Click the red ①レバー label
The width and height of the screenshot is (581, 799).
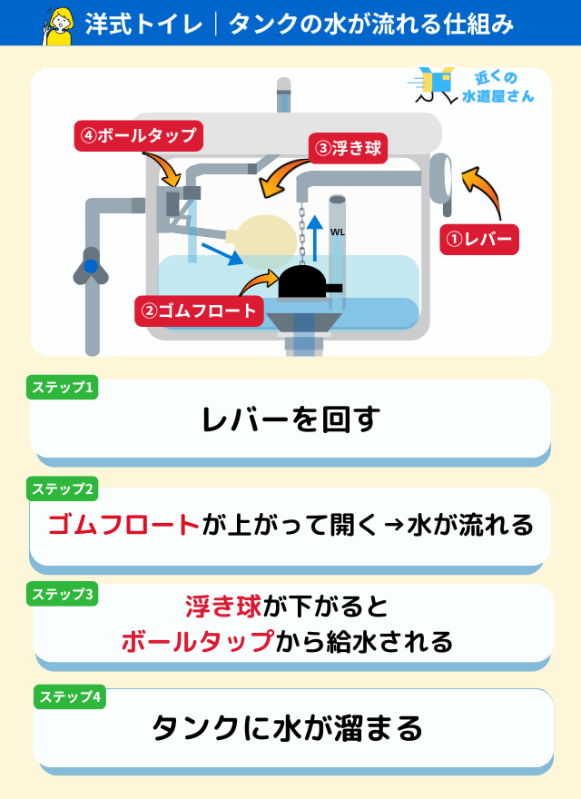click(x=479, y=239)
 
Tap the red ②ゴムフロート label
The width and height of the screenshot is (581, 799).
click(x=200, y=311)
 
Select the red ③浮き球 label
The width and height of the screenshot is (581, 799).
click(x=348, y=148)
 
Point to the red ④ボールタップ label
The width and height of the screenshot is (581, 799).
click(x=139, y=135)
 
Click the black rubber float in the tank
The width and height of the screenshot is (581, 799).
click(x=305, y=281)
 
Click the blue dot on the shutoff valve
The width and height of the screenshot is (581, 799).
click(x=91, y=266)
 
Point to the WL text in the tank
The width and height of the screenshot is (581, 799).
click(x=338, y=232)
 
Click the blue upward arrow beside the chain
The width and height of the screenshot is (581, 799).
click(x=316, y=238)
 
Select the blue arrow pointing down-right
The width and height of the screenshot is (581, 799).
click(x=222, y=253)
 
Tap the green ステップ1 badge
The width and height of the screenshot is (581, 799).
click(x=62, y=388)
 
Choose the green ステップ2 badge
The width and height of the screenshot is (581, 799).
click(x=62, y=489)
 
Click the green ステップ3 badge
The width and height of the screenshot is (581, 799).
click(x=62, y=594)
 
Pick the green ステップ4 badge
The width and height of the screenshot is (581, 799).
click(x=70, y=696)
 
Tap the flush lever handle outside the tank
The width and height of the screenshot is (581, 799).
click(x=441, y=182)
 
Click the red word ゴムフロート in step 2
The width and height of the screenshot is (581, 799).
click(x=123, y=525)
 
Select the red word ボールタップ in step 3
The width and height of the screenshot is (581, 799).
click(x=198, y=640)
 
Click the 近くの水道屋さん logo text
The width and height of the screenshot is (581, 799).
click(x=497, y=87)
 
